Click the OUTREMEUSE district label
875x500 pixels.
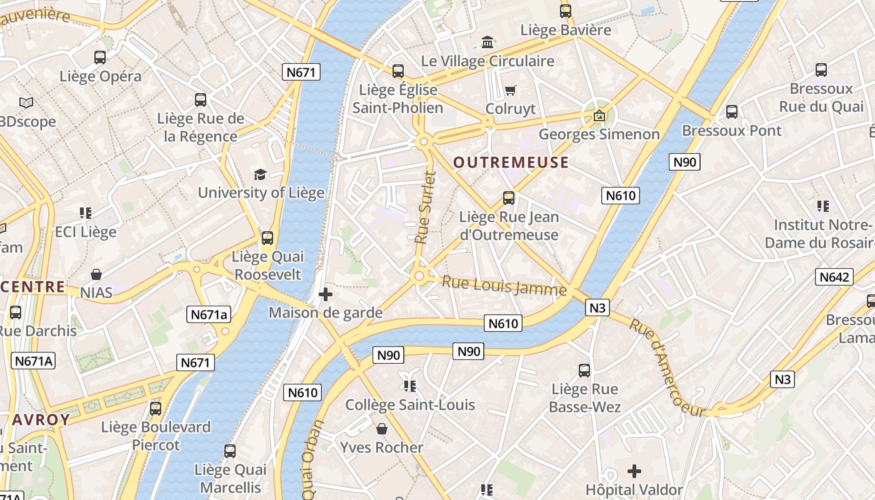coord(511,163)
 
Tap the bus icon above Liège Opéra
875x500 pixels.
coord(100,57)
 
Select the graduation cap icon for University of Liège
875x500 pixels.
coord(260,174)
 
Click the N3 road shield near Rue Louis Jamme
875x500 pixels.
coord(597,307)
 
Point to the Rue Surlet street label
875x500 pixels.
coord(424,207)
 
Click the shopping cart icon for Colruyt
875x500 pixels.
coord(511,91)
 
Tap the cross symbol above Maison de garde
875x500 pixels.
coord(326,294)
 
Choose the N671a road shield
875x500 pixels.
coord(209,314)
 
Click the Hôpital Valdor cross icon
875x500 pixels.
coord(634,471)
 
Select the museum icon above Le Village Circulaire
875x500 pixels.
coord(487,42)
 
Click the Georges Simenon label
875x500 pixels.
coord(599,134)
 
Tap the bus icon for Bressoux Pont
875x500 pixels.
coord(732,112)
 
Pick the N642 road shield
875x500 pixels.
coord(834,277)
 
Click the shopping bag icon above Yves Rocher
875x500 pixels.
coord(382,429)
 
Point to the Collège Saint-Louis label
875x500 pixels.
coord(410,405)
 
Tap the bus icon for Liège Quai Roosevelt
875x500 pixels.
coord(267,238)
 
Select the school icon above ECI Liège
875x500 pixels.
coord(86,213)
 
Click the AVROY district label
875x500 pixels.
coord(41,419)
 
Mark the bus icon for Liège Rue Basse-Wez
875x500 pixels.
coord(584,371)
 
